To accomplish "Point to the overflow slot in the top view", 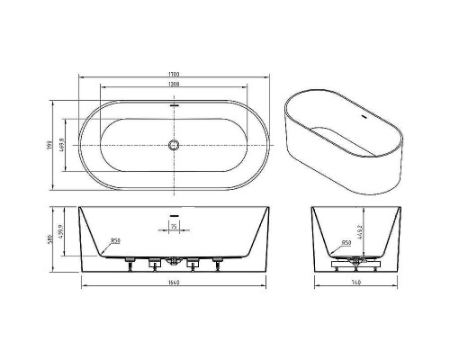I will click(x=175, y=105).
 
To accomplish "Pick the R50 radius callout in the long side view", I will click(x=116, y=240).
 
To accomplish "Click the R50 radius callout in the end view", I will click(x=346, y=243).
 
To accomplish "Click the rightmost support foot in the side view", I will click(x=216, y=263).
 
